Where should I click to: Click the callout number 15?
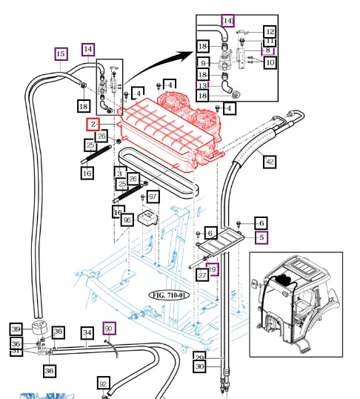point(61,54)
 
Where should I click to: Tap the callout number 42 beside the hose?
point(270,161)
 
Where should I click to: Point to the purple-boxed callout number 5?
point(261,237)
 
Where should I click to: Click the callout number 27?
point(201,274)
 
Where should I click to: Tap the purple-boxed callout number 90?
point(109,328)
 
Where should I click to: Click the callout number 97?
point(153,197)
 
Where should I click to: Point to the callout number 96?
point(127,220)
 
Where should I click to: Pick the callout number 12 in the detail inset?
point(270,32)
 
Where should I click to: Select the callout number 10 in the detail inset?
point(270,63)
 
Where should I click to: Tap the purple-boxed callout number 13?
point(202,85)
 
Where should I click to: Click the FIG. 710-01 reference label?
point(170,294)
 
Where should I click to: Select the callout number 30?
point(199,366)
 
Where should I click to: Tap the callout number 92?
point(104,383)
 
